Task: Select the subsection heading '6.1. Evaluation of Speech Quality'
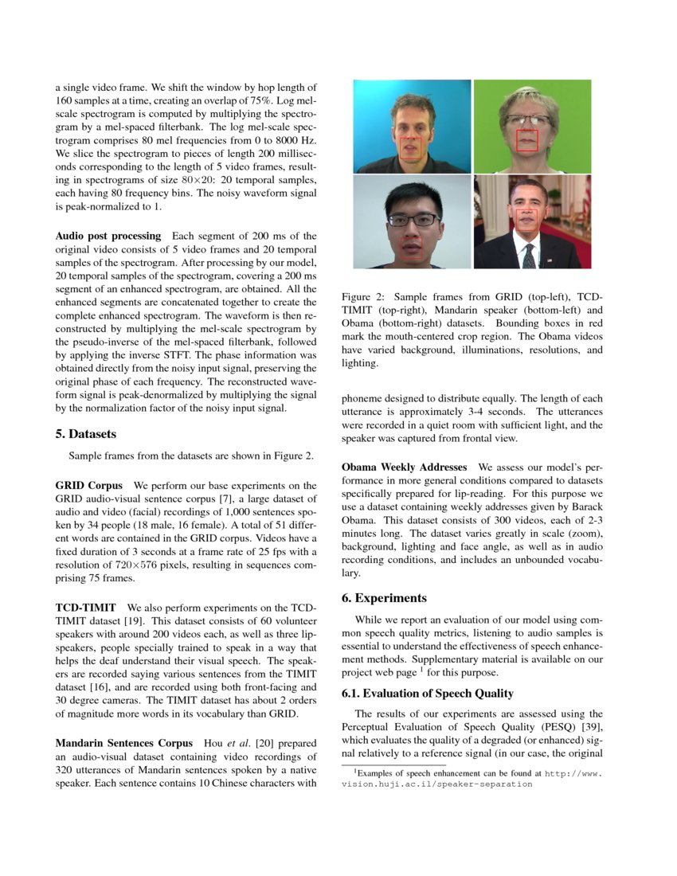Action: point(427,694)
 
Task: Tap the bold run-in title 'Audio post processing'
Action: point(108,236)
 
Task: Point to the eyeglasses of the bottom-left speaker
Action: point(413,219)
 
